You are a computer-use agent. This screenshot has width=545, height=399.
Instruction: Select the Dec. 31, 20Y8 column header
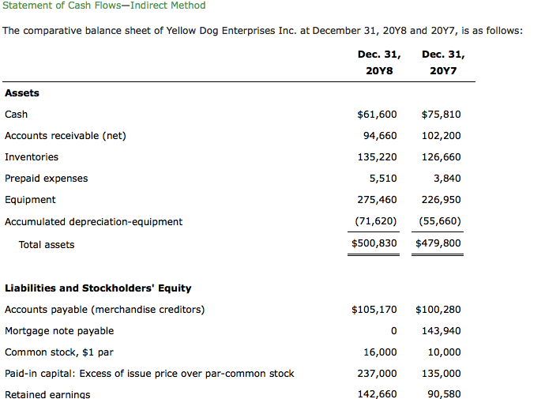click(378, 63)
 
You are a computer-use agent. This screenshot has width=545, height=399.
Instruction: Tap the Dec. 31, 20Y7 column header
click(443, 63)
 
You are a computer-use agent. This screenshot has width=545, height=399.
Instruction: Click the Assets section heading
click(22, 93)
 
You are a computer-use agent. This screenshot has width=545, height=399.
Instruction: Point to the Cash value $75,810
click(442, 115)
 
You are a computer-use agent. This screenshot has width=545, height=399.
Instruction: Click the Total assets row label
click(47, 245)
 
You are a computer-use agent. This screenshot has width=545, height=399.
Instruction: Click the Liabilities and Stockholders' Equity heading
click(98, 288)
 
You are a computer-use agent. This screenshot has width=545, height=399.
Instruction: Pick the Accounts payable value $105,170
click(374, 309)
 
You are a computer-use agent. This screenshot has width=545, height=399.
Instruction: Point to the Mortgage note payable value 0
click(393, 331)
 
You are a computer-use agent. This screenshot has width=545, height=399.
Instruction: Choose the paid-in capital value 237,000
click(380, 374)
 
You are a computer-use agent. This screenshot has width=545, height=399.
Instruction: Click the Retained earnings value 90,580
click(445, 394)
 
